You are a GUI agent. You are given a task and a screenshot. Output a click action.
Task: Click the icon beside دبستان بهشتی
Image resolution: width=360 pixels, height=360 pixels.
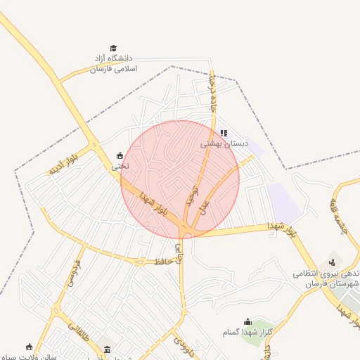tap(224, 132)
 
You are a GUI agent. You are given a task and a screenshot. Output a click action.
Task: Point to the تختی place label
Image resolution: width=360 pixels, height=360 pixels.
tap(120, 167)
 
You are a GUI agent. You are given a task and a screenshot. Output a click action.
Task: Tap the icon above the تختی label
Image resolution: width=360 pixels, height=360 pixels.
tap(120, 155)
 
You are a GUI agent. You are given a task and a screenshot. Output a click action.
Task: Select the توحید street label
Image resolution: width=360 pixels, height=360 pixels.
tap(189, 195)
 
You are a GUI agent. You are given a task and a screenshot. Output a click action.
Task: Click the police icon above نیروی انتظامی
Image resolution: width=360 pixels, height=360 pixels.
tap(331, 262)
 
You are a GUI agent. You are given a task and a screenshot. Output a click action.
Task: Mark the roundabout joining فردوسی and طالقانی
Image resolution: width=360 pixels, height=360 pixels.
tap(56, 309)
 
